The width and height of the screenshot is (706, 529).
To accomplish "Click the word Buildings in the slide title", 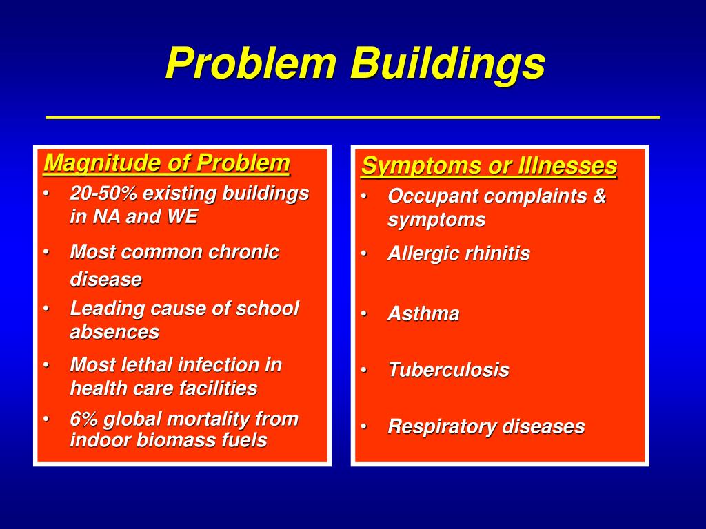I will [x=447, y=64].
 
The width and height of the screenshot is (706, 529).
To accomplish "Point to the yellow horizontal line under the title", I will [x=353, y=118].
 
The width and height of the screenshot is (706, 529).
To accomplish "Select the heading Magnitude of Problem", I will [x=166, y=164].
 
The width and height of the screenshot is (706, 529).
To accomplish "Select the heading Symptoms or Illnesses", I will [x=489, y=166].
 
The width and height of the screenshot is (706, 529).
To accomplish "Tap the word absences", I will [x=114, y=332].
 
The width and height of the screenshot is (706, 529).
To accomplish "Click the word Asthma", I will [x=423, y=314].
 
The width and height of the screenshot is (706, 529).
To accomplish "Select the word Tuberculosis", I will [x=448, y=370].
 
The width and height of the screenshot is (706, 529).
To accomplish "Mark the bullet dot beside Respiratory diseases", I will [x=363, y=427].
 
